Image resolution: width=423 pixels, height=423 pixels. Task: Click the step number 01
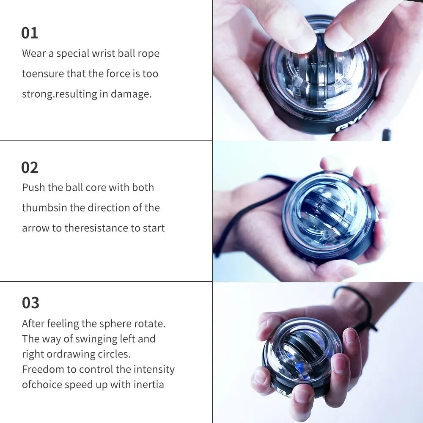click(30, 33)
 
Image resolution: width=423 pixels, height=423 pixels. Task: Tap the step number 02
click(30, 168)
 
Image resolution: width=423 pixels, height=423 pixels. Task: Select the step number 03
click(30, 303)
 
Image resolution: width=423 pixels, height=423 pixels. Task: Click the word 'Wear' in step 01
click(34, 54)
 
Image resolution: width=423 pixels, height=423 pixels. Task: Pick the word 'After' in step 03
click(33, 324)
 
